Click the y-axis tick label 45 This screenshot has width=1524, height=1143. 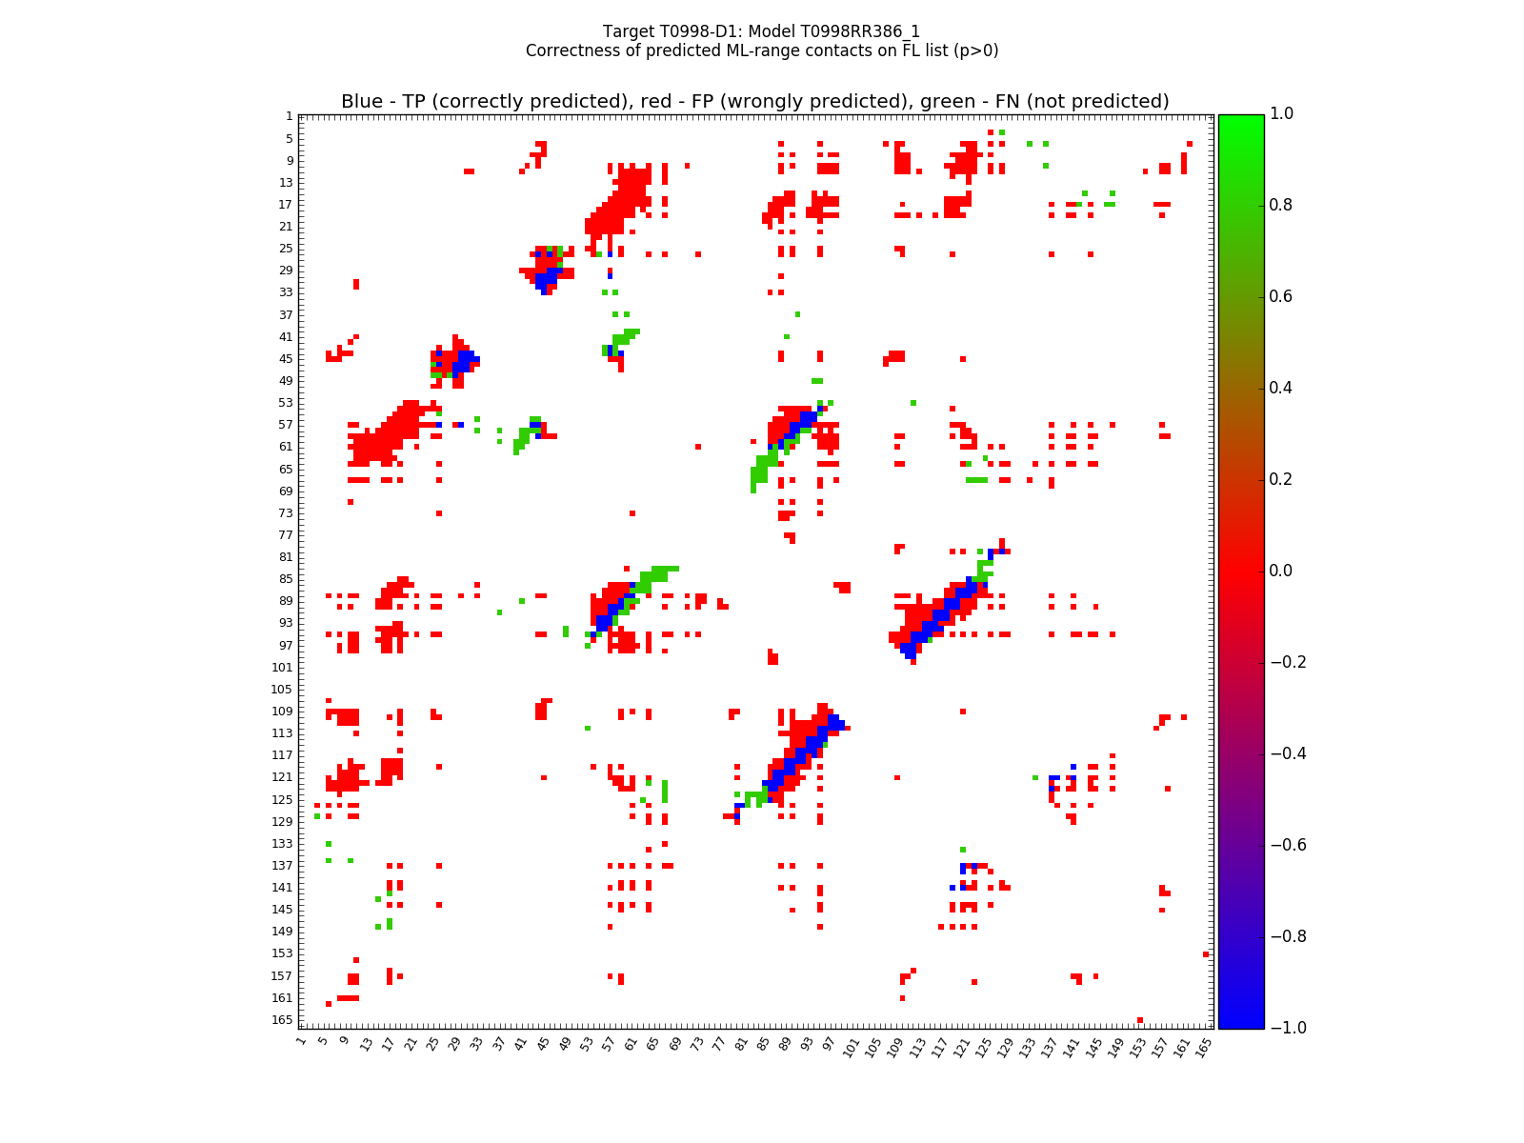(x=286, y=358)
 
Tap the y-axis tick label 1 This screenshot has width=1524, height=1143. (x=290, y=116)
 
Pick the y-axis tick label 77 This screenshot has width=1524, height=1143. (x=286, y=534)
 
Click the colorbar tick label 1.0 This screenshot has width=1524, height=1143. (x=1282, y=113)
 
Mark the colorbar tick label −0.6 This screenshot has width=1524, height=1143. (x=1287, y=845)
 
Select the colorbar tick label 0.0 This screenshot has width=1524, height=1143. (x=1282, y=571)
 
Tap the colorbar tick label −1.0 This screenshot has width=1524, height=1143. (x=1287, y=1028)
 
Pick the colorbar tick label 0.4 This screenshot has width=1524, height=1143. (x=1282, y=388)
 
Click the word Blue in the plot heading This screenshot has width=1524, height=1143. (x=362, y=102)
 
